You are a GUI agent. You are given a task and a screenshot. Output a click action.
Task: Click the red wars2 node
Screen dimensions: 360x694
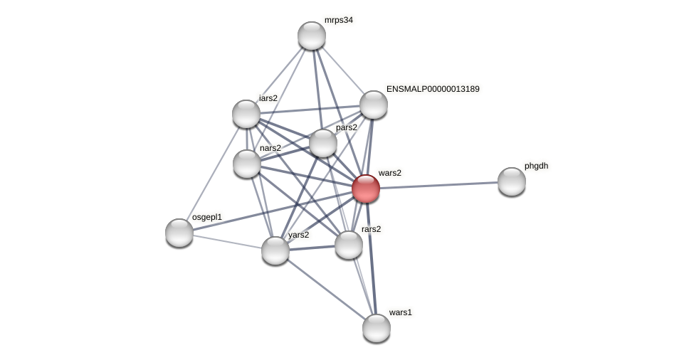366,189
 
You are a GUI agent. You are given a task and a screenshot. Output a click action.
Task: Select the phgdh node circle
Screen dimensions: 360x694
512,181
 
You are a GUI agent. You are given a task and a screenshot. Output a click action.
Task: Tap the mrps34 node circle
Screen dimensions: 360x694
312,36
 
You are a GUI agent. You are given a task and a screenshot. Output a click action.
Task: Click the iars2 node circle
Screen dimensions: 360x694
246,114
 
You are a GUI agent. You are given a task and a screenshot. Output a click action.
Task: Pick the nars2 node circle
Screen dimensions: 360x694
247,164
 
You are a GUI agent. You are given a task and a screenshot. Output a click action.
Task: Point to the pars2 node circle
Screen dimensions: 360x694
323,143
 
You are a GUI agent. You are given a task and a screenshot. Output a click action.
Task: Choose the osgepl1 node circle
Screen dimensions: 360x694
179,233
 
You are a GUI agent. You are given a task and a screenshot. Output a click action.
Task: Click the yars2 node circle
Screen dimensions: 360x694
275,250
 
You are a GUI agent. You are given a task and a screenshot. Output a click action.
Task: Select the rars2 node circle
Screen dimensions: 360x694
349,245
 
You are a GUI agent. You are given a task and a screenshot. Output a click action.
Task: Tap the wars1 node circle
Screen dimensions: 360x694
377,328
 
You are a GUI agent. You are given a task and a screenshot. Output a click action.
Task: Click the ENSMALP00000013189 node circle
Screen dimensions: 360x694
374,105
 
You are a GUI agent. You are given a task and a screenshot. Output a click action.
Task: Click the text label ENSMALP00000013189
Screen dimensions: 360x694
433,89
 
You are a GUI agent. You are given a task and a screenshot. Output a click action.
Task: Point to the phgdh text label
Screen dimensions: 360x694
536,166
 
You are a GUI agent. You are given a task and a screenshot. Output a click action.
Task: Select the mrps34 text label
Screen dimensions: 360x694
338,20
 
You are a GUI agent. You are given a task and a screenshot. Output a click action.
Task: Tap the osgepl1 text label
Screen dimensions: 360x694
206,217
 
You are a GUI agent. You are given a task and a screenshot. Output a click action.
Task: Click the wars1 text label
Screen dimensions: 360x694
400,312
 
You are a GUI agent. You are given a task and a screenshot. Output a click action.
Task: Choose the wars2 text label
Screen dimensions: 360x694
389,173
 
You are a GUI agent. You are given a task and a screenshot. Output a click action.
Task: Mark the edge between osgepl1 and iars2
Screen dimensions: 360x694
213,174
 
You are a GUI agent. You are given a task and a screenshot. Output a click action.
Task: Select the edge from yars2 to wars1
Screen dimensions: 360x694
326,290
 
